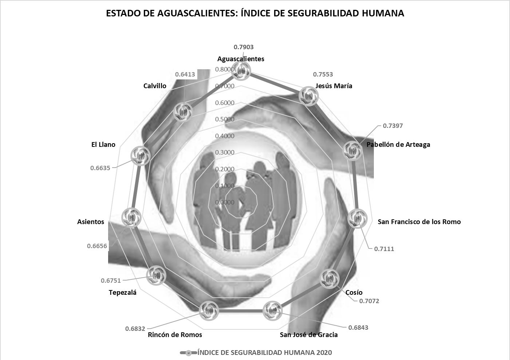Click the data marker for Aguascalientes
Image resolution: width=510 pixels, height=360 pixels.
[241, 70]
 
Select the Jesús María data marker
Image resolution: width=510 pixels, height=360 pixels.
[308, 97]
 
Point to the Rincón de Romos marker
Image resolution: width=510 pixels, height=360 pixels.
[209, 310]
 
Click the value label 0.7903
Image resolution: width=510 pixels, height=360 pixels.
[244, 47]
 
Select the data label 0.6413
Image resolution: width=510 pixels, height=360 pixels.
[185, 74]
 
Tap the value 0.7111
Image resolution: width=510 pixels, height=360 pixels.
[384, 249]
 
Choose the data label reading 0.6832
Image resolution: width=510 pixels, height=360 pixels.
[135, 329]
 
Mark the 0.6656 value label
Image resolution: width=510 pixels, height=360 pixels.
[97, 246]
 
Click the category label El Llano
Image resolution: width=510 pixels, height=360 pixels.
[103, 145]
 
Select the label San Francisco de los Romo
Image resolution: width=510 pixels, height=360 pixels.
[419, 222]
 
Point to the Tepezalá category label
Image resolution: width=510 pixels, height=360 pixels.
[122, 292]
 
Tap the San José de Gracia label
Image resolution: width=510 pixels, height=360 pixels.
[308, 335]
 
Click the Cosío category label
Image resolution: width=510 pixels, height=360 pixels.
[354, 293]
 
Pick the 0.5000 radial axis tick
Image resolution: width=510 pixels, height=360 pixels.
[225, 119]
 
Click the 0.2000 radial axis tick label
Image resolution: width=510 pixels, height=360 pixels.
[225, 169]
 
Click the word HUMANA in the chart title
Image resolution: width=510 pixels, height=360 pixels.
[383, 13]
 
